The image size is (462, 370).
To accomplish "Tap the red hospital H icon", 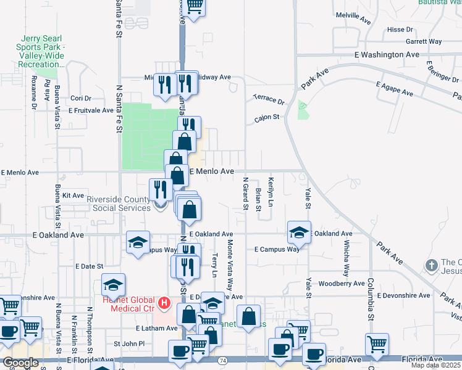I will coord(164,303).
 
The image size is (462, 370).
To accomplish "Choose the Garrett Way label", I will coord(424,41).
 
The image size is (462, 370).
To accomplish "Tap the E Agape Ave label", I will coord(393,89).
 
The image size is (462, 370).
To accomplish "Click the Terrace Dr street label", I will coord(269,99).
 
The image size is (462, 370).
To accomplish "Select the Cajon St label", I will coord(267,117).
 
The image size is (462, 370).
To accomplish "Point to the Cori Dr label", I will coord(80,98).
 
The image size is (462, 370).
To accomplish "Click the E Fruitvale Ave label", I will coord(91,111).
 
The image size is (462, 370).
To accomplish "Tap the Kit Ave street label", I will coord(73,195).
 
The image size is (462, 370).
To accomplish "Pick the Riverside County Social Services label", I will coord(118,203).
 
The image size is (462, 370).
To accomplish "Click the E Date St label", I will coord(88,266).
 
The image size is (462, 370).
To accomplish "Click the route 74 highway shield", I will coord(222,360).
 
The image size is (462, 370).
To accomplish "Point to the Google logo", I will coord(20,363).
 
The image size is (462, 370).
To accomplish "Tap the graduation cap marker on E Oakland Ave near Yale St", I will coord(299,232).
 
